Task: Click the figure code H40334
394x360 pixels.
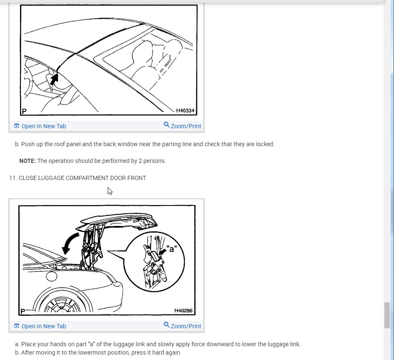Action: (x=185, y=111)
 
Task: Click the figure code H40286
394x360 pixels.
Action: (x=183, y=311)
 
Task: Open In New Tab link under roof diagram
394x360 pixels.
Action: (x=40, y=126)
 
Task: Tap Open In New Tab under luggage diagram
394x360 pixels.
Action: (x=40, y=326)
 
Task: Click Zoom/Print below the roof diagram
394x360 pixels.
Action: (x=182, y=126)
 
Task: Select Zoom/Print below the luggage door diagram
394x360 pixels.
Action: (x=182, y=326)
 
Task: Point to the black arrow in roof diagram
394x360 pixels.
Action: (x=54, y=79)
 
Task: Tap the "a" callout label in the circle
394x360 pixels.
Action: (x=172, y=248)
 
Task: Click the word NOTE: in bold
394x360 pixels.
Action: (x=28, y=161)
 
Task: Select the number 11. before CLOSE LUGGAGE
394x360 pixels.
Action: (x=13, y=178)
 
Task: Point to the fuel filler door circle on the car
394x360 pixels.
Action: (x=51, y=276)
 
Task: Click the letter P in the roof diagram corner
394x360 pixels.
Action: (x=24, y=111)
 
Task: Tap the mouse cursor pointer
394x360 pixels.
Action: (x=110, y=191)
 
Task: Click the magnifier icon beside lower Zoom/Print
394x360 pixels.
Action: (x=167, y=325)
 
